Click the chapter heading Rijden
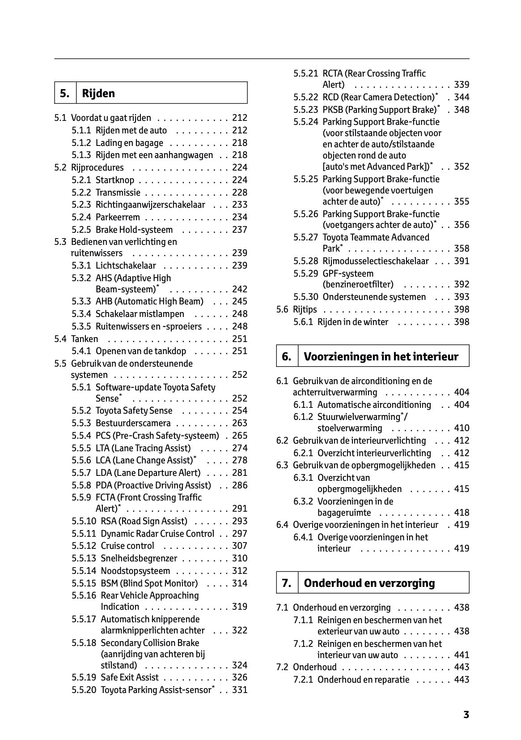click(x=98, y=94)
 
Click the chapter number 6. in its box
click(x=287, y=356)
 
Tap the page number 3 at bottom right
click(x=466, y=714)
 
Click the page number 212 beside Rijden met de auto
click(x=240, y=130)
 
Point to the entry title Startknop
click(x=115, y=180)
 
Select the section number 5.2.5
click(x=81, y=230)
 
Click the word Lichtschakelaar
click(x=126, y=265)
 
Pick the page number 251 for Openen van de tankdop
click(x=240, y=351)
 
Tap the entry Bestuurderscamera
click(x=133, y=423)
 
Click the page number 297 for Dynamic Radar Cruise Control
click(x=240, y=534)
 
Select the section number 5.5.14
click(x=84, y=571)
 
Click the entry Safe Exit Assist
click(x=130, y=677)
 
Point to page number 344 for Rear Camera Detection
click(x=462, y=97)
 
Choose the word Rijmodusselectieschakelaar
click(x=375, y=261)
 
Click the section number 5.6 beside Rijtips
click(x=282, y=309)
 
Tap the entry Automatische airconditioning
click(x=374, y=405)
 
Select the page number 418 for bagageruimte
click(x=462, y=513)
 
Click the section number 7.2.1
click(x=303, y=680)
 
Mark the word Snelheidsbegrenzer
click(x=139, y=558)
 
